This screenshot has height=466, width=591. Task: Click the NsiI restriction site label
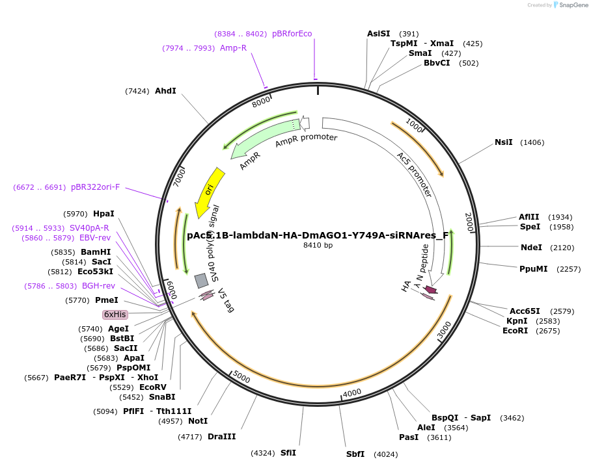click(x=503, y=142)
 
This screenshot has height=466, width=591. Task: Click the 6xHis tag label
click(x=115, y=315)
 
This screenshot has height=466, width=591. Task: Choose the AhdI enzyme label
click(x=165, y=91)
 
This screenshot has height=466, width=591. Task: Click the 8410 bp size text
click(x=318, y=245)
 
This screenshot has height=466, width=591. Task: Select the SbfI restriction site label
click(x=355, y=454)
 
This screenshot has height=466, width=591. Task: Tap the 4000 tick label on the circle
click(x=351, y=393)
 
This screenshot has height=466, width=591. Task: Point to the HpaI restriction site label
click(x=103, y=214)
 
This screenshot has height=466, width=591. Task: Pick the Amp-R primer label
click(x=233, y=48)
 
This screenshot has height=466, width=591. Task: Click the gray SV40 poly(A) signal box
click(x=202, y=280)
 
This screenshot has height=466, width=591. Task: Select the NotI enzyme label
click(x=198, y=421)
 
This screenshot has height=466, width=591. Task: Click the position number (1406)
click(x=532, y=142)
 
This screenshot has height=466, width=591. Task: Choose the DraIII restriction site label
click(x=222, y=437)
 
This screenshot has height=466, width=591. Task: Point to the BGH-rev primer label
click(x=98, y=286)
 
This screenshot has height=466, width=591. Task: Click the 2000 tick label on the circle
click(x=469, y=221)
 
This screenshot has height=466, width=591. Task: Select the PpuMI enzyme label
click(x=532, y=269)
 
